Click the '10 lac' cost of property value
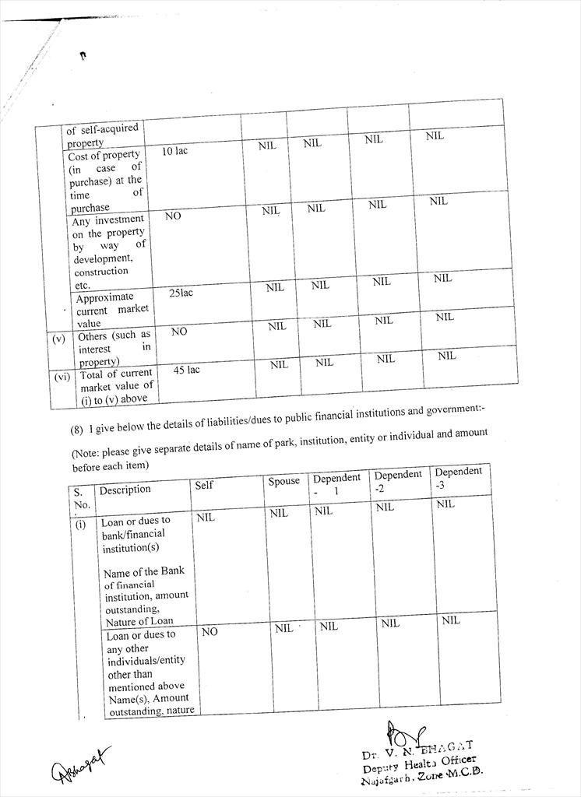[x=174, y=151]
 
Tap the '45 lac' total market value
[x=186, y=370]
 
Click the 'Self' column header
[x=204, y=485]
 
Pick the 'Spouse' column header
[x=283, y=481]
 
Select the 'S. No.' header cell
[x=80, y=498]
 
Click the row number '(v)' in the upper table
[x=59, y=339]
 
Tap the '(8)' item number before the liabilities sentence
[x=77, y=427]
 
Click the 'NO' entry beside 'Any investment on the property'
[x=173, y=216]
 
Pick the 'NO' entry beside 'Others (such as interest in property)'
[x=179, y=332]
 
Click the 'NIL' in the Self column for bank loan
[x=206, y=517]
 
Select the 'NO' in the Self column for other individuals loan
[x=210, y=632]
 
